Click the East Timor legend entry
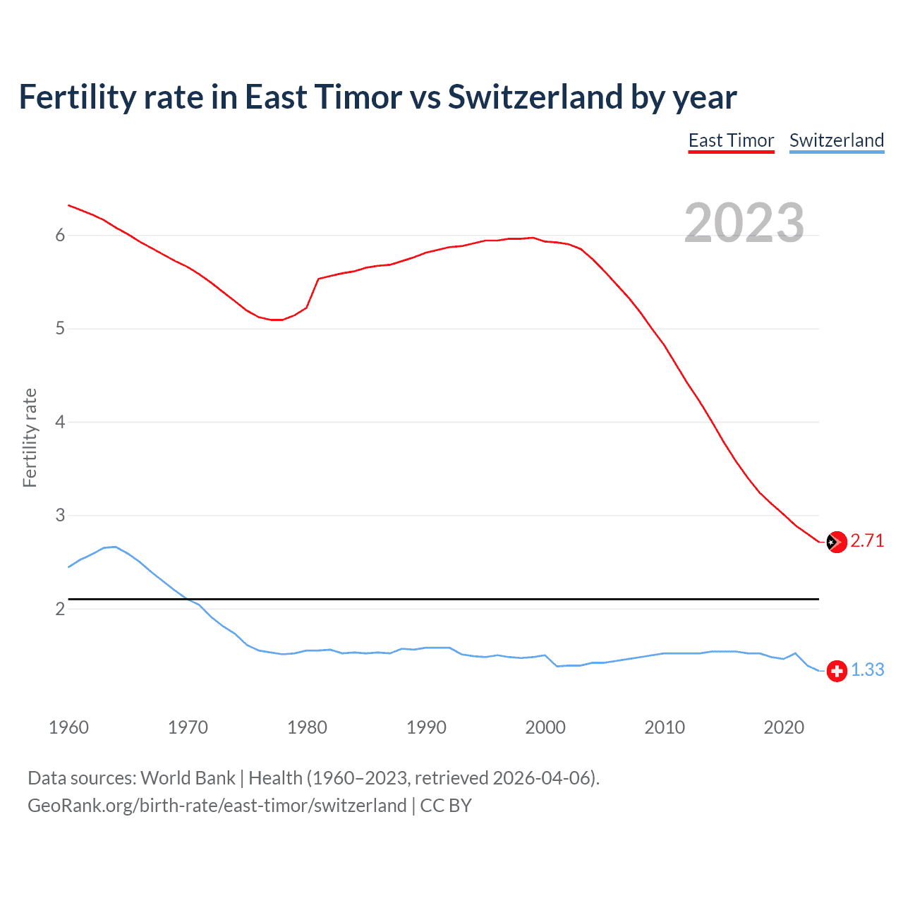731,140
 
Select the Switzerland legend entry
836,140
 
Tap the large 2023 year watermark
744,223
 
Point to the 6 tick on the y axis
60,236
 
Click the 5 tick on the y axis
60,329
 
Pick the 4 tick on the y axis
60,422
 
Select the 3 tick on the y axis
60,516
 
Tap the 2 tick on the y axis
60,609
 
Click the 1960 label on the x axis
68,727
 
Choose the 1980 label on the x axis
307,727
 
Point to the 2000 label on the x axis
545,727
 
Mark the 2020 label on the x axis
784,727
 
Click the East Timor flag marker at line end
837,542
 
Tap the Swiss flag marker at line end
837,671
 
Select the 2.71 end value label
867,541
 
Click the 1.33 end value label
867,670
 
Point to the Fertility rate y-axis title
30,437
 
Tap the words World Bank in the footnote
188,778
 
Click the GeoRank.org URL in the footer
217,806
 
